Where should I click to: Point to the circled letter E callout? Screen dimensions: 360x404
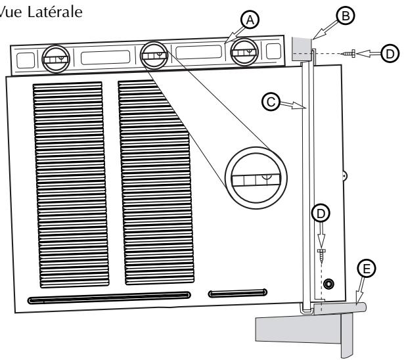pos(366,269)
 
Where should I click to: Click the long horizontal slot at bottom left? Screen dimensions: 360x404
pos(109,300)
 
